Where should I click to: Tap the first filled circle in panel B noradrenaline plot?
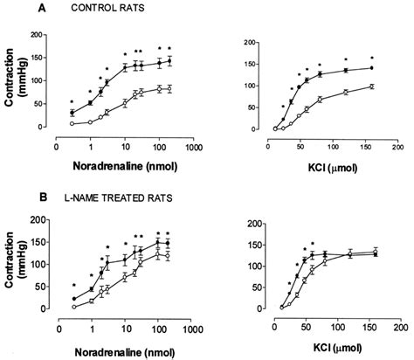click(72, 299)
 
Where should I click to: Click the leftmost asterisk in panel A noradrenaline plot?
click(72, 102)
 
